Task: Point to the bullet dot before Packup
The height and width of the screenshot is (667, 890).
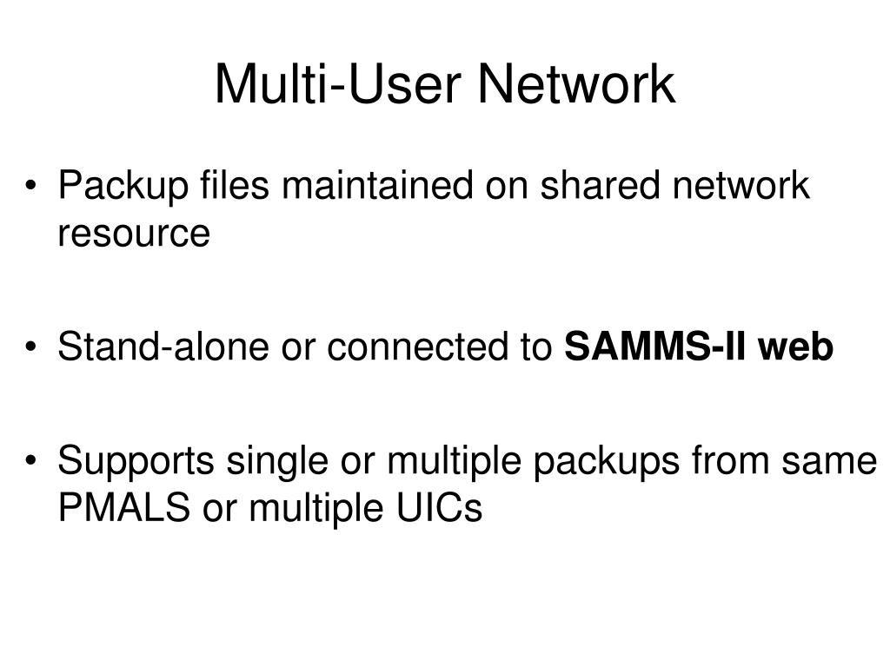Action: (x=32, y=188)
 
